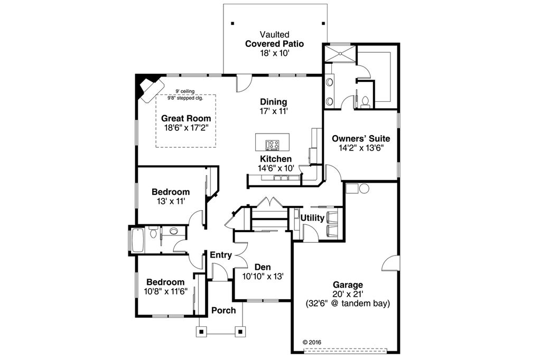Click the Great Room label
point(186,118)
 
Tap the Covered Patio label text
point(274,44)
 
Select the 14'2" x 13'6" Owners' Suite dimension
point(361,148)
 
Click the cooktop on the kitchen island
point(272,145)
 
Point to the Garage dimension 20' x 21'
point(348,294)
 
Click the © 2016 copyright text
point(312,343)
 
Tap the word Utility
point(312,218)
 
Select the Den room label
point(263,267)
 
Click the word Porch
point(223,310)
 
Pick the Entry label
point(221,255)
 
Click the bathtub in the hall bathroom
point(137,240)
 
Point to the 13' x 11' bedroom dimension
point(171,201)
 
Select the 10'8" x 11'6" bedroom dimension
point(165,291)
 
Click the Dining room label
point(274,102)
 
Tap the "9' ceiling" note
point(185,91)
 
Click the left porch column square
point(201,332)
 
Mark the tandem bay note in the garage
point(348,304)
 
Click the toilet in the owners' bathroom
point(365,101)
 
